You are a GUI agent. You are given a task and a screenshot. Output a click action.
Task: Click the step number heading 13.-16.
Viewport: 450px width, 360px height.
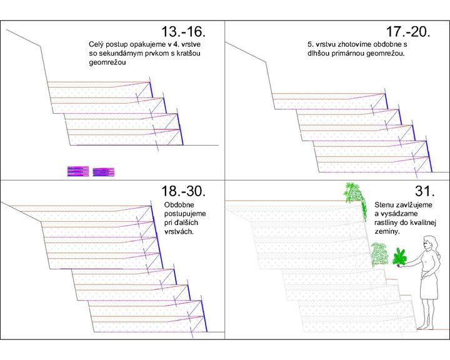[x=183, y=32]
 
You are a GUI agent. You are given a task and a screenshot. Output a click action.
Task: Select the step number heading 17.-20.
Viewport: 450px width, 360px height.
[x=408, y=32]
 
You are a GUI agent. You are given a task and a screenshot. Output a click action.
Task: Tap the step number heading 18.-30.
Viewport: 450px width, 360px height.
[x=183, y=191]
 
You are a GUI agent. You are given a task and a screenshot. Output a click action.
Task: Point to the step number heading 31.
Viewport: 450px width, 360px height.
[x=425, y=191]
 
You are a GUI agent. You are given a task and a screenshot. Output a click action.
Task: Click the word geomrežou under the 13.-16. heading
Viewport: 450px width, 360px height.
[x=107, y=63]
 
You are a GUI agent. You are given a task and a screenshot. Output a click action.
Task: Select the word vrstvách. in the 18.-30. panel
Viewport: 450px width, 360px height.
[x=179, y=232]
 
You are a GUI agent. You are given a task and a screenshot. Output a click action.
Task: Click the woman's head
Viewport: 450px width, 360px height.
[x=429, y=243]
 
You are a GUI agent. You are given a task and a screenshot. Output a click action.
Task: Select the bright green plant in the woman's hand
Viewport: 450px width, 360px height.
[x=401, y=257]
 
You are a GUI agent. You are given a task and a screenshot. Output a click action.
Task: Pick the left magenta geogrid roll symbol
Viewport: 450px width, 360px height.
[x=78, y=171]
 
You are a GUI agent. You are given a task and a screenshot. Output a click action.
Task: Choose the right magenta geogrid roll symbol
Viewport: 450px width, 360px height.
[x=104, y=172]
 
